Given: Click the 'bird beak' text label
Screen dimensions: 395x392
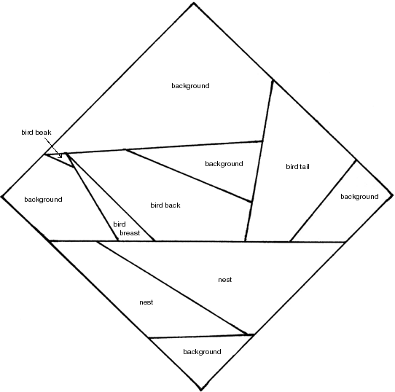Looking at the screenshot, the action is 36,133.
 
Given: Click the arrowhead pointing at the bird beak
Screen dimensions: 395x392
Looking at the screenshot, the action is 60,156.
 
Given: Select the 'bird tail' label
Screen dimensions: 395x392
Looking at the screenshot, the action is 297,167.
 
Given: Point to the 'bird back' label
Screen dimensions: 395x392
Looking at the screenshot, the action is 165,205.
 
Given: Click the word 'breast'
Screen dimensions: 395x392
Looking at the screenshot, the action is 130,232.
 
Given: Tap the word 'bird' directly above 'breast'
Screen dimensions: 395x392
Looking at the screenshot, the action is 120,224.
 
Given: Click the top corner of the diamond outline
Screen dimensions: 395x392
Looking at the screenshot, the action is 193,3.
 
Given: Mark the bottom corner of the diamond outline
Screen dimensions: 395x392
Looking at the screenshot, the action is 200,391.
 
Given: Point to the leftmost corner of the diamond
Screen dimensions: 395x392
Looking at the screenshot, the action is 1,197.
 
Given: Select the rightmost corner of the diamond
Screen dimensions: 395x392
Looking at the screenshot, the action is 393,195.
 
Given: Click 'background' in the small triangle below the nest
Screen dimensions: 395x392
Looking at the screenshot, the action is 202,352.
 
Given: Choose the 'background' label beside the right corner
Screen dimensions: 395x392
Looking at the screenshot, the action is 359,197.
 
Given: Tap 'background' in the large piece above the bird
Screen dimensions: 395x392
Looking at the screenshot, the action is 190,86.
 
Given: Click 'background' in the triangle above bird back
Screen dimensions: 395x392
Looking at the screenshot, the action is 224,164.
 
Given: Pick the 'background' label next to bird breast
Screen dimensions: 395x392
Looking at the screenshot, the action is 43,200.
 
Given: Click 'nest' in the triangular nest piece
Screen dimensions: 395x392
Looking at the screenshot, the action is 225,280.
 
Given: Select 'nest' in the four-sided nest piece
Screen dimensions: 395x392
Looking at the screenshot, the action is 146,302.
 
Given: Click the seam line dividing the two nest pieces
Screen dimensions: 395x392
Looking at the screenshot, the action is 172,288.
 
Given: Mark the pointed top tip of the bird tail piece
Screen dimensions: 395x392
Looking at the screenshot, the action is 273,81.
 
